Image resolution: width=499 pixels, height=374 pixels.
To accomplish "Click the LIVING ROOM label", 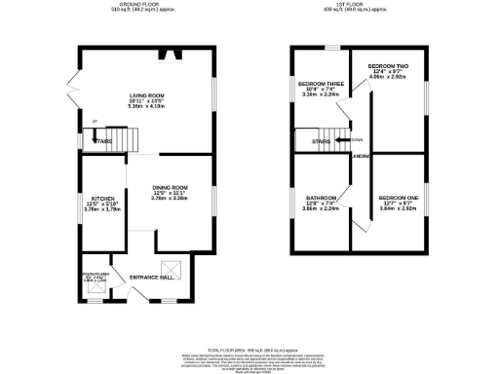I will (x=147, y=95).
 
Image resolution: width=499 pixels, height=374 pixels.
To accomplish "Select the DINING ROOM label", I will (x=171, y=187).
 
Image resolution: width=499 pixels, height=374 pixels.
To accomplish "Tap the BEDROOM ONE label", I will (x=399, y=198).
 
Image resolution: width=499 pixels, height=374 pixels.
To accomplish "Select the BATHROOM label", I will (x=322, y=198).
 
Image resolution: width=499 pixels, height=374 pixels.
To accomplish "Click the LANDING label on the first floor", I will (x=360, y=156).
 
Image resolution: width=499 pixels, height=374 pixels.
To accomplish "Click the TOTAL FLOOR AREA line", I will (x=249, y=349).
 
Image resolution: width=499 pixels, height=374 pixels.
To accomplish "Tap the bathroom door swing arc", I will (x=351, y=221).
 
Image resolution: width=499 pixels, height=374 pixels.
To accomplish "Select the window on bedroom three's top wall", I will (x=331, y=47).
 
